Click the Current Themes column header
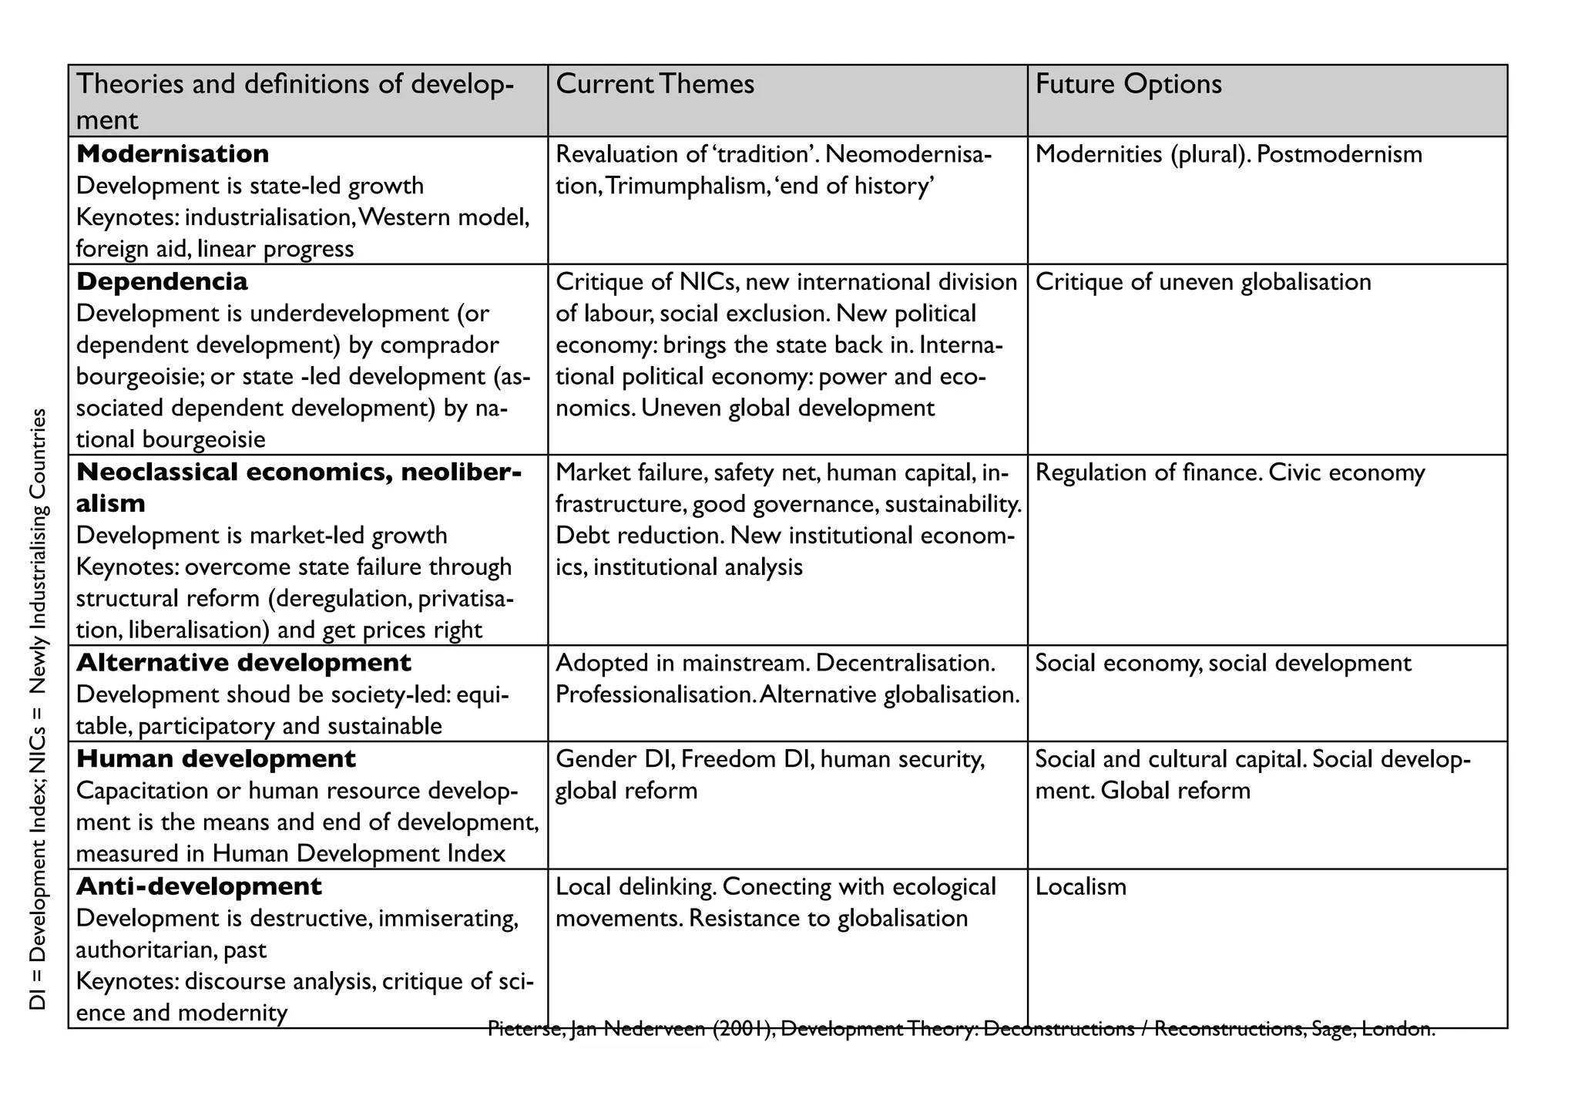655,84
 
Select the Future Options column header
1128,84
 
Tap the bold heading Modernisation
173,154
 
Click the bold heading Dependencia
162,281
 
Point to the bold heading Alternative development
243,663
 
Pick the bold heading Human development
216,759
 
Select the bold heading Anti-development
199,886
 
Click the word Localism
1080,886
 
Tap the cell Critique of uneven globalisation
1203,281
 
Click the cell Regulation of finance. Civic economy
1230,472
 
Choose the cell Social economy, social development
1223,663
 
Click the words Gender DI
615,759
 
